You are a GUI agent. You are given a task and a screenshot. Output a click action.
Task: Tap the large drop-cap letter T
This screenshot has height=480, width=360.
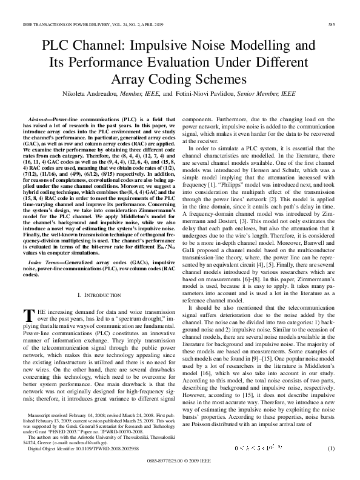(x=26, y=314)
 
